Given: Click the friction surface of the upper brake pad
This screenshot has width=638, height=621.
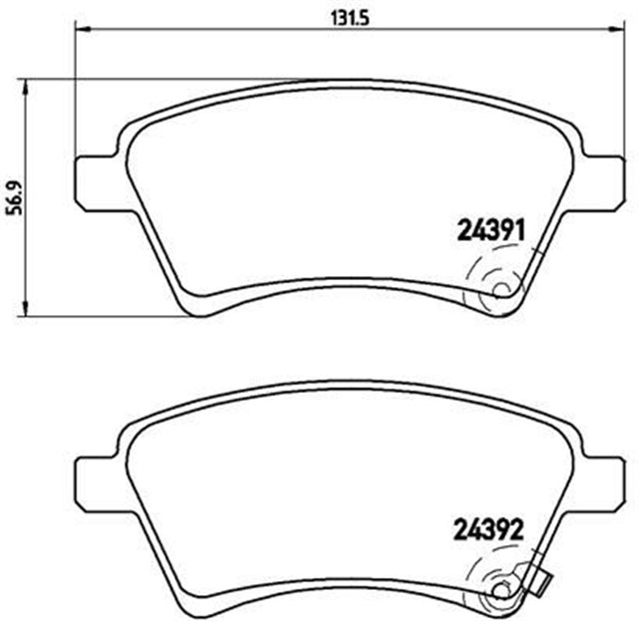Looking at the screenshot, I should pyautogui.click(x=329, y=189).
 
